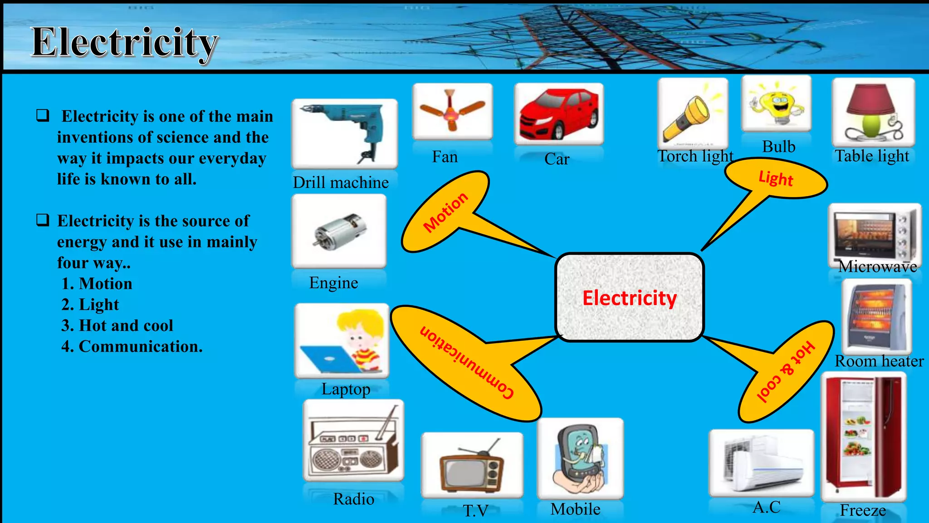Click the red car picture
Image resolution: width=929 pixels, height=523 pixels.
point(558,114)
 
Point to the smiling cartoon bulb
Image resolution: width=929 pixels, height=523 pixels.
point(776,104)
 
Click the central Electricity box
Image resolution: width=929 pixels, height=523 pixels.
point(630,298)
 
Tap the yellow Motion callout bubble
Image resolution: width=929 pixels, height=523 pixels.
point(445,212)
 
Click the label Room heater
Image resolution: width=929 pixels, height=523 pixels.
point(879,361)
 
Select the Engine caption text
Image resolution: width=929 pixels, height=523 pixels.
point(333,283)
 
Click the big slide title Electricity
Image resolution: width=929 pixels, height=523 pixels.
point(124,42)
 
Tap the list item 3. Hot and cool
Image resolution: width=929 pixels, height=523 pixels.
point(117,326)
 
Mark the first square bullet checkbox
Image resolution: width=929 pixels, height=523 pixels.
point(43,115)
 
